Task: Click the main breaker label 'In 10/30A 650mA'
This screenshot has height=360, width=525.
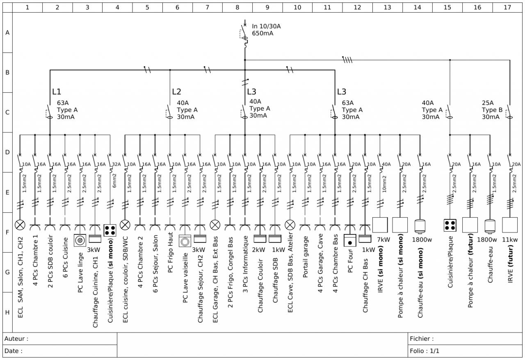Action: coord(266,30)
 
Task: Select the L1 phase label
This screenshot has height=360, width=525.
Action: coord(57,92)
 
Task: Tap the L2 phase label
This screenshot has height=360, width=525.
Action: coord(176,92)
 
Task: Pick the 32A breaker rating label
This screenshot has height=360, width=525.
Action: coord(116,164)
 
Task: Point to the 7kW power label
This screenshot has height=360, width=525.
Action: coord(383,239)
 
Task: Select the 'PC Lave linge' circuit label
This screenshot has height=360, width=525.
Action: coord(80,272)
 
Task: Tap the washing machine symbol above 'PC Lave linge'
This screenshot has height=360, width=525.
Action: coord(80,240)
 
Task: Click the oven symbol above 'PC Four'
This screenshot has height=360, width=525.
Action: coord(350,241)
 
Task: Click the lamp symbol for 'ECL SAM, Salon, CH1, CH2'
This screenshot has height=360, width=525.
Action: coord(20,225)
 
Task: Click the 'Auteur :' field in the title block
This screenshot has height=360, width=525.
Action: coord(16,339)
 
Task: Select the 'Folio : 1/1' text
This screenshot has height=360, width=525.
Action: coord(425,351)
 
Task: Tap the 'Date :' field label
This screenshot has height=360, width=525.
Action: coord(14,351)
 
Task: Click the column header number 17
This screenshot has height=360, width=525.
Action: coord(507,7)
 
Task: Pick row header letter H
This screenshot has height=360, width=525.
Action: coord(7,312)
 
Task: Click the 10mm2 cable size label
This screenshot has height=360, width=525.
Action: coord(384,183)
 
